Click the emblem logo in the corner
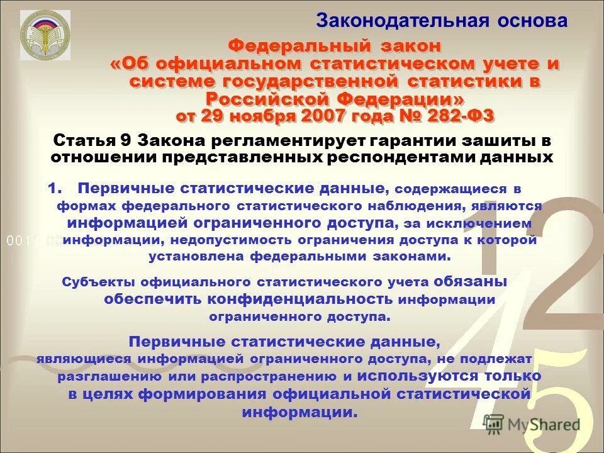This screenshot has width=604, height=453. pyautogui.click(x=41, y=35)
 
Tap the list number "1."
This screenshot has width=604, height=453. pyautogui.click(x=56, y=187)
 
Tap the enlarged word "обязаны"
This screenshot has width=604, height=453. pyautogui.click(x=475, y=282)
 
